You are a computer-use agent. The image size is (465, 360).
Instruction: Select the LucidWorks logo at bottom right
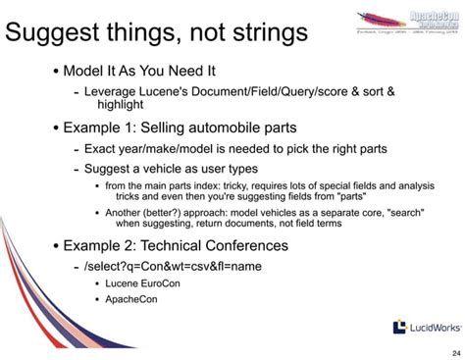coord(423,327)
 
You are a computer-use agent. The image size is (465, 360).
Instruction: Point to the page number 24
coord(453,353)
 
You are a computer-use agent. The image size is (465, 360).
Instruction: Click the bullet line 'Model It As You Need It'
coord(139,73)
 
